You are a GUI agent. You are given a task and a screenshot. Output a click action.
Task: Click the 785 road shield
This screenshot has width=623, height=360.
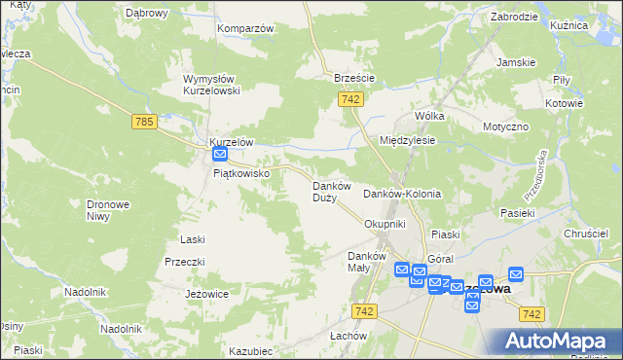[x=143, y=122]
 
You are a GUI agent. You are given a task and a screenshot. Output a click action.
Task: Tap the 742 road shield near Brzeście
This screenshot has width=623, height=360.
[x=352, y=100]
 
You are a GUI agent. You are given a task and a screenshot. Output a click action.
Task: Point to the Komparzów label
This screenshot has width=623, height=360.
[x=245, y=28]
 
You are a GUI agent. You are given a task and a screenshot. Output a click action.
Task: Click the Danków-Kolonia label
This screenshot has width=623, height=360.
[x=402, y=194]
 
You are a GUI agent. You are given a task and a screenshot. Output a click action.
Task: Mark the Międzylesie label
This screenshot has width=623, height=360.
[x=407, y=140]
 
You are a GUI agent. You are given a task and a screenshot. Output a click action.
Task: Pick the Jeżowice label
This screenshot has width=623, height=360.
[x=206, y=293]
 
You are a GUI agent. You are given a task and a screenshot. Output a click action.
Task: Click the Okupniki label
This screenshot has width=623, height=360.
[x=384, y=224]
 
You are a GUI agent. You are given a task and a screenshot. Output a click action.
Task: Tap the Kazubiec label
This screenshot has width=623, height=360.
[x=250, y=350]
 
